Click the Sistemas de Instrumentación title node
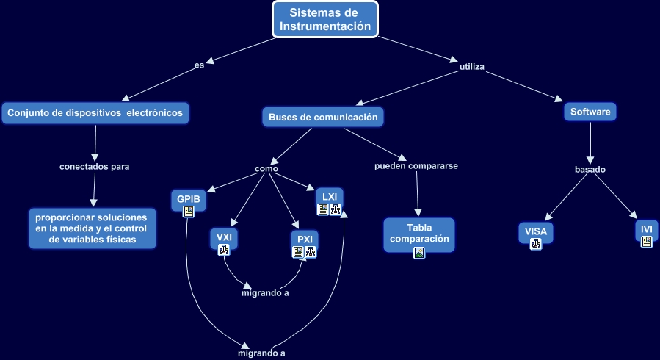click(325, 20)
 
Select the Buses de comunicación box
click(323, 117)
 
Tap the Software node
click(590, 112)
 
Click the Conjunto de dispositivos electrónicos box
click(96, 113)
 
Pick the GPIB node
click(188, 198)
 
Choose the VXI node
click(224, 237)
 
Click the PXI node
click(305, 240)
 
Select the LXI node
click(330, 197)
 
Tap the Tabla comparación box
click(418, 233)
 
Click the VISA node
click(536, 232)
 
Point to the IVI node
click(646, 229)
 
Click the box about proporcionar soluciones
click(93, 228)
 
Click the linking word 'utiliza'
click(472, 67)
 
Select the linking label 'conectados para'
click(94, 166)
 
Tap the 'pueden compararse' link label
click(416, 166)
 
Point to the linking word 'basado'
click(590, 170)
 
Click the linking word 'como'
click(266, 168)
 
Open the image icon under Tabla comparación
click(419, 253)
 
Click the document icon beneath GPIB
click(189, 212)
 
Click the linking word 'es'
click(199, 65)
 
